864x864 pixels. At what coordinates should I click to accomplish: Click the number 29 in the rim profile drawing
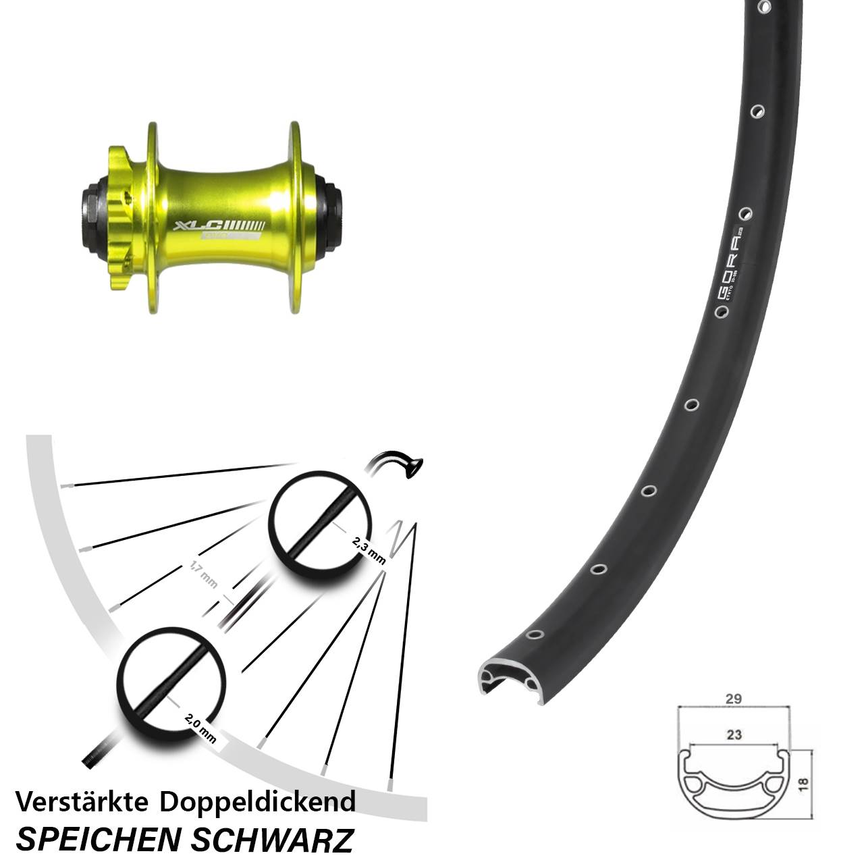(734, 699)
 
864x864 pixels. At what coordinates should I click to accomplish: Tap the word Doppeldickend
(258, 803)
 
